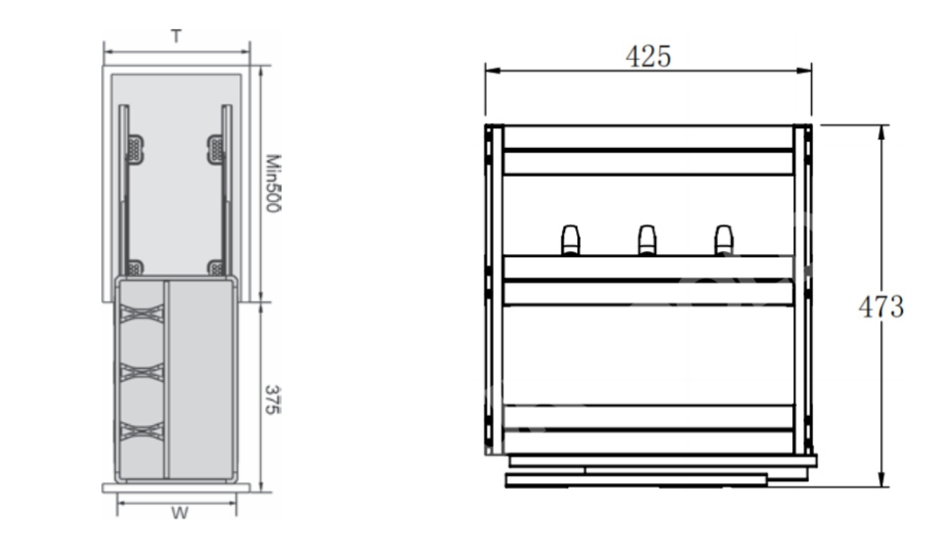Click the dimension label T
[x=177, y=36]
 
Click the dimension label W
[x=179, y=513]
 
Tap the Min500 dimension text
[x=273, y=183]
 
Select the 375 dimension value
[x=273, y=400]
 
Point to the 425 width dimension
[x=648, y=57]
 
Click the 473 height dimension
[x=881, y=306]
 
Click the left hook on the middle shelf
[x=570, y=240]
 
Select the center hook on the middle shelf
[x=647, y=240]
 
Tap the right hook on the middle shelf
[x=724, y=240]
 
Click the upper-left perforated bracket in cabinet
[x=135, y=150]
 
